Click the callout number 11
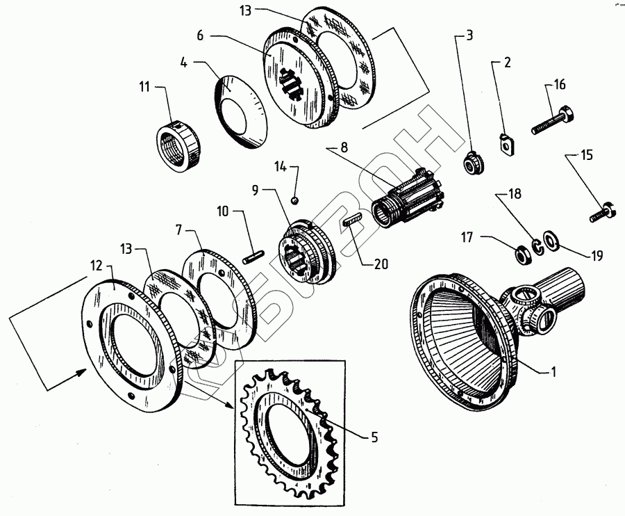tap(144, 86)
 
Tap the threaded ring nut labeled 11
tap(178, 147)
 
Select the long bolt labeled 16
tap(553, 120)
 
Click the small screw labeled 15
tap(602, 212)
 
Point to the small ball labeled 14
tap(295, 200)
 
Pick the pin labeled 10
tap(253, 256)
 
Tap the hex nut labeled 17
tap(523, 255)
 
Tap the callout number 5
tap(374, 437)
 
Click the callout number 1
tap(553, 372)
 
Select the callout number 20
tap(381, 264)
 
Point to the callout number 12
tap(97, 266)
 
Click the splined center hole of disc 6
tap(293, 84)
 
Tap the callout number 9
tap(255, 190)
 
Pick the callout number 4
tap(183, 63)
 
